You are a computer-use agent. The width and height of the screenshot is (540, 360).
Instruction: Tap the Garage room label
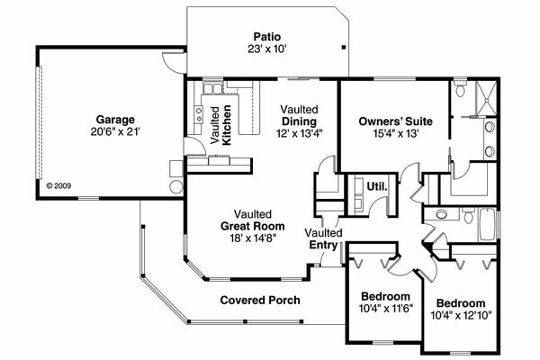pyautogui.click(x=116, y=119)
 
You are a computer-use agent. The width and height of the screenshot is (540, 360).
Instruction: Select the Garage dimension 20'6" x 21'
pyautogui.click(x=116, y=131)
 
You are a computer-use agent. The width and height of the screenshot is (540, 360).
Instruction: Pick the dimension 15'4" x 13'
pyautogui.click(x=396, y=133)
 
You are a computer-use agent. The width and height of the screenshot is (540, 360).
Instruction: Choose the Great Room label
pyautogui.click(x=251, y=226)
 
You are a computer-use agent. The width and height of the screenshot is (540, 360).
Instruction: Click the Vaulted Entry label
pyautogui.click(x=322, y=239)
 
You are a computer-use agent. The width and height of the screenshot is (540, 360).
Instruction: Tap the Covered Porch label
pyautogui.click(x=259, y=300)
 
